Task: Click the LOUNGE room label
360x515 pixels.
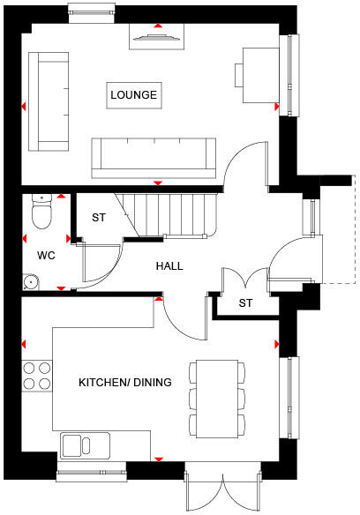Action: click(134, 94)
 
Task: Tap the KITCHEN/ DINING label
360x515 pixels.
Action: click(124, 382)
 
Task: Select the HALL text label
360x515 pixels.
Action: click(170, 265)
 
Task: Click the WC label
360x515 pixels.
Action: click(46, 256)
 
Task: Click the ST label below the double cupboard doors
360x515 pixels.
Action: click(246, 304)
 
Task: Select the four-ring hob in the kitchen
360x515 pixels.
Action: click(36, 376)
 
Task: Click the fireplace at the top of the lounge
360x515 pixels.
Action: click(159, 34)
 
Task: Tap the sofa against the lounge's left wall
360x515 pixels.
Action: click(49, 101)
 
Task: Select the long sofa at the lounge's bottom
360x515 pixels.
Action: click(154, 156)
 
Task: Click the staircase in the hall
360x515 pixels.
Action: click(168, 214)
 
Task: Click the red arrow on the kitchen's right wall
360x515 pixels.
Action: click(278, 343)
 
